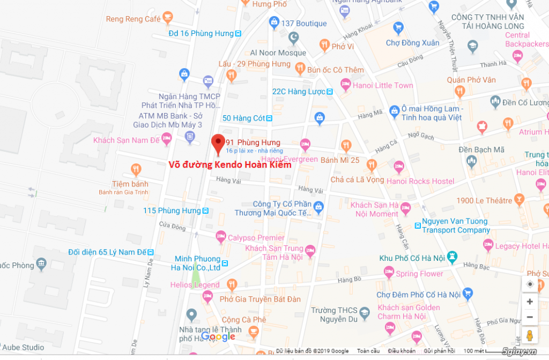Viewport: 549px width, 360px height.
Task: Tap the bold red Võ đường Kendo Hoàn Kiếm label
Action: (x=230, y=165)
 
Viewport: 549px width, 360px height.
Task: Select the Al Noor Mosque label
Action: (x=278, y=52)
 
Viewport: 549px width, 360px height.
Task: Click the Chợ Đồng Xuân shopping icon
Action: (x=398, y=28)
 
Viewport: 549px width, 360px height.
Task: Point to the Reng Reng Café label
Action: (x=133, y=19)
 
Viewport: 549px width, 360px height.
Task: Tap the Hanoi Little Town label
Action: (x=383, y=85)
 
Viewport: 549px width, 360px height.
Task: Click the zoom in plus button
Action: (x=530, y=302)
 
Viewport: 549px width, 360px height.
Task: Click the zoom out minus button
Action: (x=530, y=317)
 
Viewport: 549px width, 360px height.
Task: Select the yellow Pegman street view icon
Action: (x=530, y=336)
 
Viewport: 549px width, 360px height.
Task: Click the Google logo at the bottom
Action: (x=218, y=336)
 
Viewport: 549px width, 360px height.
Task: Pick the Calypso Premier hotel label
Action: (x=256, y=237)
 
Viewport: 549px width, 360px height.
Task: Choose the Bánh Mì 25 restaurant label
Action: (x=340, y=160)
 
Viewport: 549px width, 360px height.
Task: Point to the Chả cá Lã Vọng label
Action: (x=357, y=179)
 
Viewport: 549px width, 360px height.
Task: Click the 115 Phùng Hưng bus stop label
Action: (x=172, y=211)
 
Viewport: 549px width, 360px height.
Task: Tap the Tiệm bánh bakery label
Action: (x=130, y=184)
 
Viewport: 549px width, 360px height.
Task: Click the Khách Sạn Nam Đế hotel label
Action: (x=127, y=140)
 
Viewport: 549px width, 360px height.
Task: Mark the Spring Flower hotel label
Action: (x=419, y=274)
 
